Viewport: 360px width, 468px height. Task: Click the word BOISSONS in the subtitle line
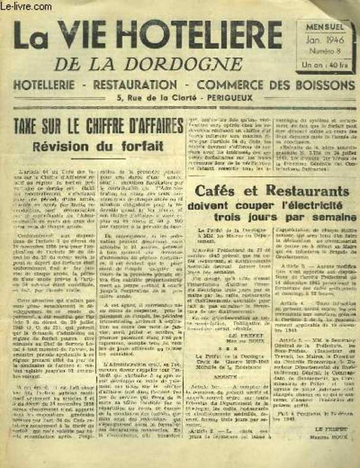click(x=319, y=86)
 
